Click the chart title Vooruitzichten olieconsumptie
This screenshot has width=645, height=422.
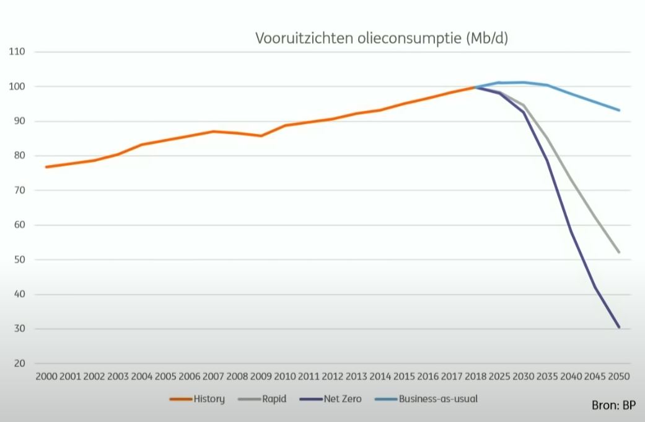coord(382,38)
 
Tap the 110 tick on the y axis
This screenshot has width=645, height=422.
coord(17,52)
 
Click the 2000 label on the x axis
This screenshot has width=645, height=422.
coord(46,377)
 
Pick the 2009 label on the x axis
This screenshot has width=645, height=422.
coord(261,377)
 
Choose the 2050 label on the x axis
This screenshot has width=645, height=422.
coord(618,377)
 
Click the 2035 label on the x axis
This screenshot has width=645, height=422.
coord(546,377)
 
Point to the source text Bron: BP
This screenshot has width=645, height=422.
coord(613,406)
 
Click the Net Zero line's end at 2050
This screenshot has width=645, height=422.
coord(618,327)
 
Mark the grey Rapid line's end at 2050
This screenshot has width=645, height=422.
coord(618,253)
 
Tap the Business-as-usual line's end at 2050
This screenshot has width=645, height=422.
coord(618,110)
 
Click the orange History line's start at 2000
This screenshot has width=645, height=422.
coord(46,167)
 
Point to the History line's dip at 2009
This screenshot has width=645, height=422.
coord(261,136)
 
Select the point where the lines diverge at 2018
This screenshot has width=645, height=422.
coord(475,88)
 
